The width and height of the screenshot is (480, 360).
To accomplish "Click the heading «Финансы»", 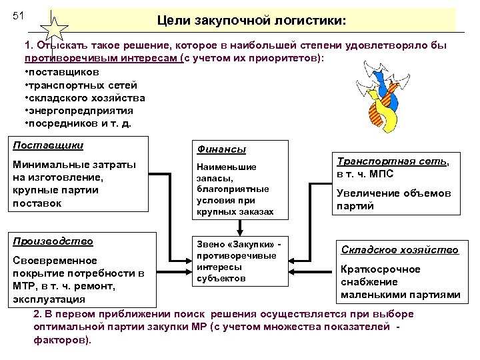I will click(x=221, y=150).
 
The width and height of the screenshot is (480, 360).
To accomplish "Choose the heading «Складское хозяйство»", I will click(x=399, y=250).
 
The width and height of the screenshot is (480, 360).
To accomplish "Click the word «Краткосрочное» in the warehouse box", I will click(x=380, y=269).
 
